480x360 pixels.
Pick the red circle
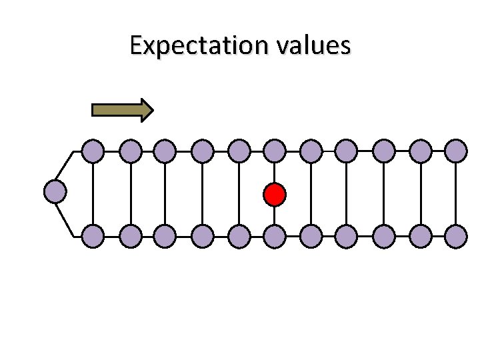(274, 195)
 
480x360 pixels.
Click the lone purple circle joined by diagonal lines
(55, 192)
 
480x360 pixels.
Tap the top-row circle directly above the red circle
(274, 151)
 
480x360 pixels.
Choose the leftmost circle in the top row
(93, 151)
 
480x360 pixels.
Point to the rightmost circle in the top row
(456, 151)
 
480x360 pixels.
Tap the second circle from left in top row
(130, 151)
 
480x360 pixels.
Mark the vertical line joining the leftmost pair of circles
(93, 193)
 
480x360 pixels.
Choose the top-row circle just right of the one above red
(311, 151)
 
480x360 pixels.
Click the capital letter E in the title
(137, 46)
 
